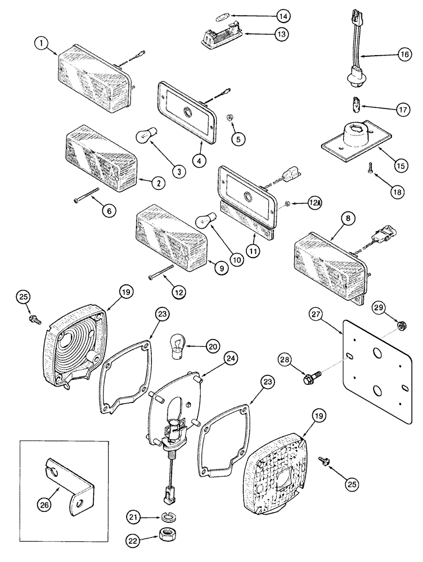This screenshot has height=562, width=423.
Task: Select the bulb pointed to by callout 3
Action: [146, 137]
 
